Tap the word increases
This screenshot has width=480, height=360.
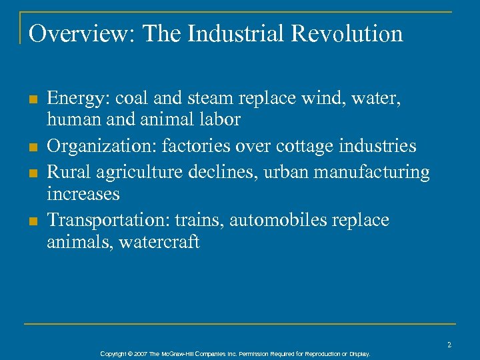(x=83, y=195)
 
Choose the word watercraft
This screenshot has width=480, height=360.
(x=159, y=242)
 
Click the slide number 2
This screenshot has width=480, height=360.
(x=449, y=344)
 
